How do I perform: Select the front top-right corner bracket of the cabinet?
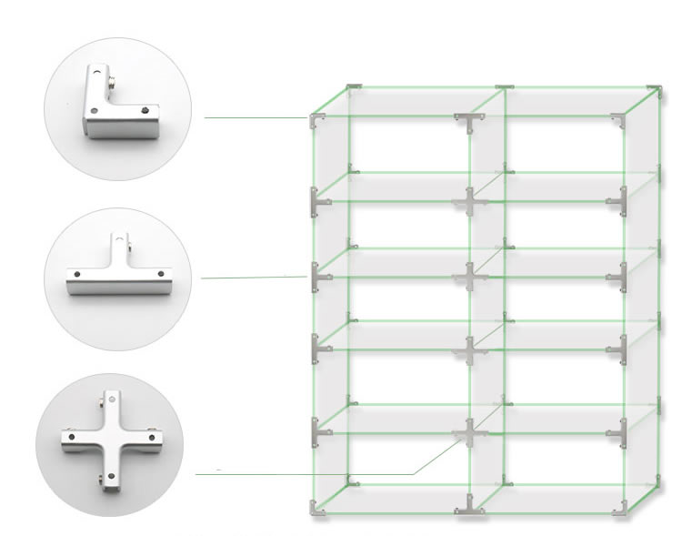[x=621, y=119]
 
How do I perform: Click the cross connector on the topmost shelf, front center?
[x=467, y=201]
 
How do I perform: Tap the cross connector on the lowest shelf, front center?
[x=467, y=431]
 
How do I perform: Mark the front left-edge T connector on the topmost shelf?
[x=316, y=201]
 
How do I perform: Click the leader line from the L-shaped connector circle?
[x=255, y=117]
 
